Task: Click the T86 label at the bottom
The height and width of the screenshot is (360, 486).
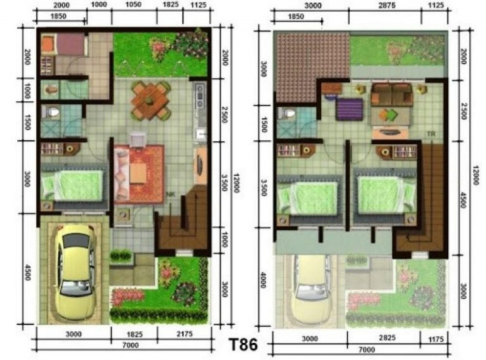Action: [x=244, y=344]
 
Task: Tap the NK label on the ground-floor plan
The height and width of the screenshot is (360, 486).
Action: [x=171, y=194]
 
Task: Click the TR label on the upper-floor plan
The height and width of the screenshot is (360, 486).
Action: [x=430, y=134]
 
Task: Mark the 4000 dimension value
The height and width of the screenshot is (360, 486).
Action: [x=262, y=283]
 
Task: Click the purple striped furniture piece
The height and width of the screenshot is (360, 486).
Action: [x=350, y=110]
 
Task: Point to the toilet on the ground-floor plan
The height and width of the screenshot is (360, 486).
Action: [x=52, y=113]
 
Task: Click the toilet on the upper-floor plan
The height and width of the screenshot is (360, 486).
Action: [x=289, y=114]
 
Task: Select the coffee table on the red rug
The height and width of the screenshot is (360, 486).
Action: [x=137, y=172]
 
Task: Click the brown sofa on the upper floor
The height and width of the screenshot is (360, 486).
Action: [x=392, y=95]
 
